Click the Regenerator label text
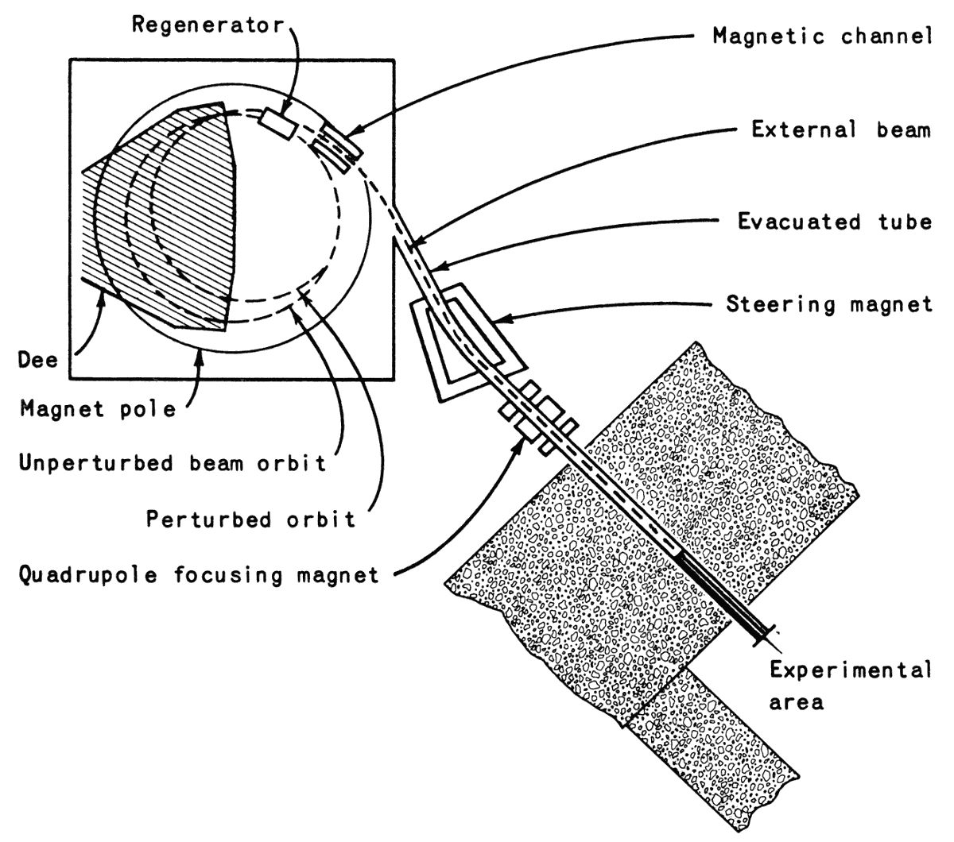(x=207, y=25)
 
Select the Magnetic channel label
(x=821, y=37)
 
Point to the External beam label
(x=841, y=129)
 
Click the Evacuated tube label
(x=834, y=221)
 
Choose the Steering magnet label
(x=828, y=305)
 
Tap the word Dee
(x=38, y=360)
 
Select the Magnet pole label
(x=97, y=410)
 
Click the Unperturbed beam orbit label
(x=172, y=463)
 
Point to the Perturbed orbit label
(x=250, y=519)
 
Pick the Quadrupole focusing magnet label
(x=199, y=574)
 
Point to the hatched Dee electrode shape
(x=159, y=214)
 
